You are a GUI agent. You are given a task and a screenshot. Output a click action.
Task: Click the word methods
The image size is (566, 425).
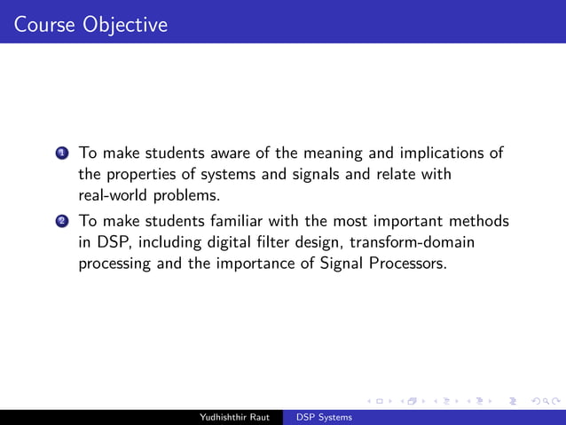click(480, 220)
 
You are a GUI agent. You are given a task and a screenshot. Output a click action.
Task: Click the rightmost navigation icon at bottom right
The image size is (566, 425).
click(538, 402)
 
